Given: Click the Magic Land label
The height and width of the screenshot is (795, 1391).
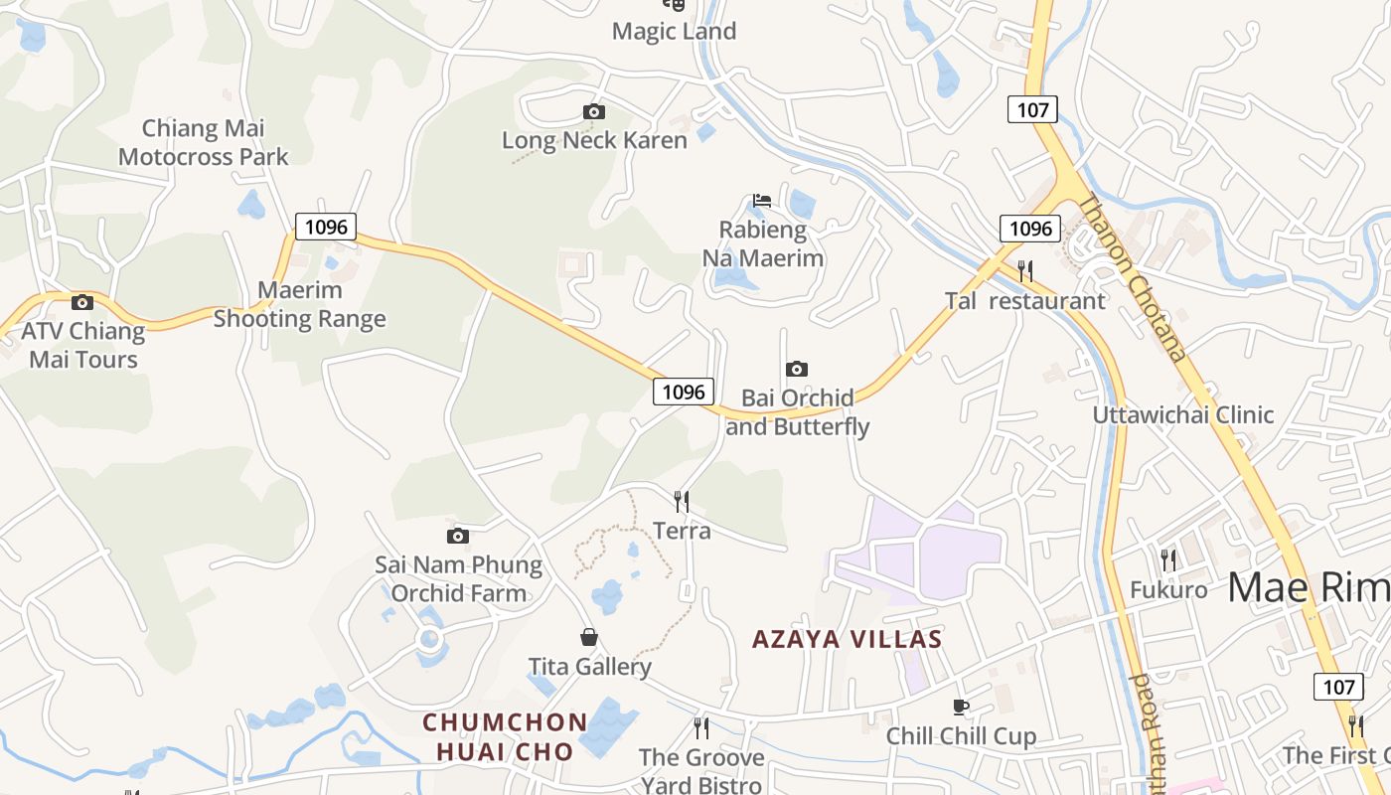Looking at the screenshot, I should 674,31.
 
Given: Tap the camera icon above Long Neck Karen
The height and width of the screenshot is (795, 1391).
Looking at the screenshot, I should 594,111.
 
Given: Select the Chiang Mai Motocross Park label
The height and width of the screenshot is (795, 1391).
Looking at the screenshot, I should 204,142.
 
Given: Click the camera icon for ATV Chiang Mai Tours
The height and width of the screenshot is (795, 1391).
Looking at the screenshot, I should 82,302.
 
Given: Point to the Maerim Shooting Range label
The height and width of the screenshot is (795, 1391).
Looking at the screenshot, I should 299,305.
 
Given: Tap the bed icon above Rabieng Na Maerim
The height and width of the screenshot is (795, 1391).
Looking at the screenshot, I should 762,201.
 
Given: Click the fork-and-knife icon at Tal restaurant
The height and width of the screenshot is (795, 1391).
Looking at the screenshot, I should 1025,270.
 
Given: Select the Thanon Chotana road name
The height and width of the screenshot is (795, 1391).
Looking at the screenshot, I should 1133,276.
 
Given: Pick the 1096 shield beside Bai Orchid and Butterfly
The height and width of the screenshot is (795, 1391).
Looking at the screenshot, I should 684,392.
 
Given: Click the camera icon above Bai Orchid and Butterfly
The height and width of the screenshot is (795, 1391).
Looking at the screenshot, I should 796,370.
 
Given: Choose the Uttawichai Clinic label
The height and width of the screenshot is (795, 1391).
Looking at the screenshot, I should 1182,414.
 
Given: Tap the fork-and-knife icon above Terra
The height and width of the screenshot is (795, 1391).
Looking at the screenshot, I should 682,501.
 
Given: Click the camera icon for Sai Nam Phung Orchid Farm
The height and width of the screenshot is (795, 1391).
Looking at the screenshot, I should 457,537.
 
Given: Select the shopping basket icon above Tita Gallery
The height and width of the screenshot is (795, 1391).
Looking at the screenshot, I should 589,637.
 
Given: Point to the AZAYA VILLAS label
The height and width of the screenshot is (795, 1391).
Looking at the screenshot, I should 847,639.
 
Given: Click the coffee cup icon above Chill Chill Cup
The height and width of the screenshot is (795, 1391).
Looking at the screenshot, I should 960,708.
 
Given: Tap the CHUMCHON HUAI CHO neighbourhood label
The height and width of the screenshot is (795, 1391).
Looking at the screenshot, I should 505,736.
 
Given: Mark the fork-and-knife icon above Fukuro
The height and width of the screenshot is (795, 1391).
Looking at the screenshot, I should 1168,560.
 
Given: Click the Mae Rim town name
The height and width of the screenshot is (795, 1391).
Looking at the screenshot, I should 1308,588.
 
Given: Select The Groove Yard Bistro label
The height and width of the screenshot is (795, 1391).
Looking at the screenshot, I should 701,771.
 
